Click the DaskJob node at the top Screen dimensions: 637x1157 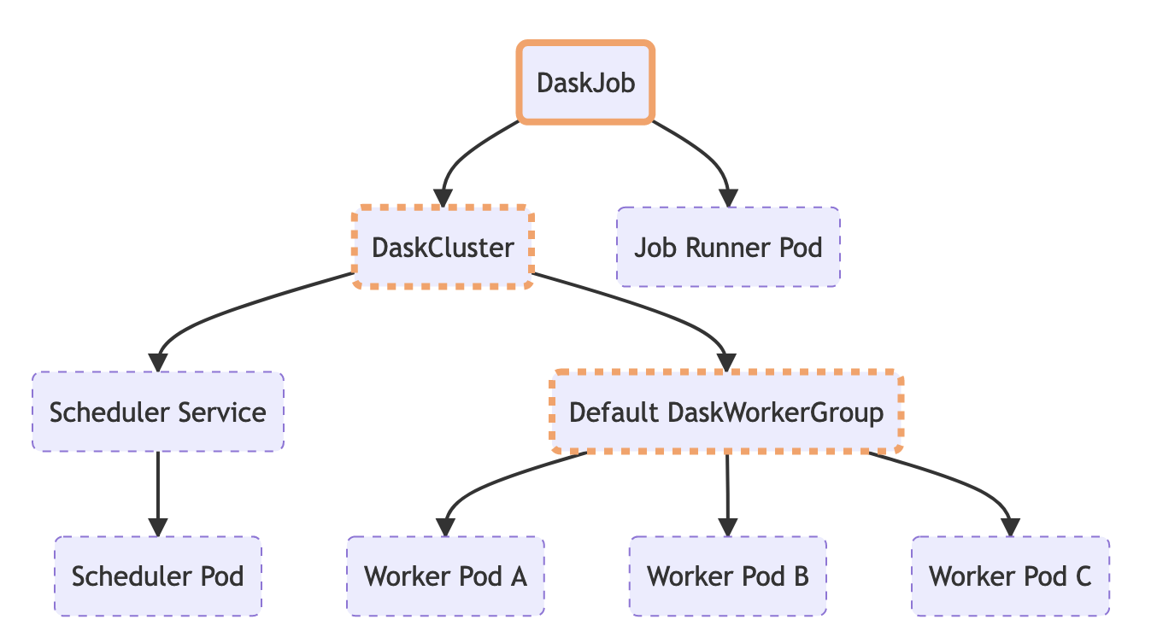[x=585, y=83]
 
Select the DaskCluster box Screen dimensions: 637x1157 [x=443, y=248]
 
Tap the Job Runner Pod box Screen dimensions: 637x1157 [x=728, y=248]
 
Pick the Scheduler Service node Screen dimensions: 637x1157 [x=158, y=412]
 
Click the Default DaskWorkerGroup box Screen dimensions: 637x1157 [x=726, y=412]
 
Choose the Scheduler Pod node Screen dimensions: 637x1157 [x=158, y=576]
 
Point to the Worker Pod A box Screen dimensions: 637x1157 [x=445, y=576]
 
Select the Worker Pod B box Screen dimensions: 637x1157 [x=728, y=576]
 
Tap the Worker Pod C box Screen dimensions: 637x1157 [x=1010, y=576]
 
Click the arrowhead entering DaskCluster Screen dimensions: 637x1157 [x=443, y=197]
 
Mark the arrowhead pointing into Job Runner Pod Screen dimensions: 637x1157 [x=728, y=197]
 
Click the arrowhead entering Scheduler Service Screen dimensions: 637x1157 [x=158, y=362]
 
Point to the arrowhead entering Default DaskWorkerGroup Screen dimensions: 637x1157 [x=726, y=362]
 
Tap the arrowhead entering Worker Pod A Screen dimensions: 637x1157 [x=445, y=527]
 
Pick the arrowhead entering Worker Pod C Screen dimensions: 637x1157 [x=1010, y=527]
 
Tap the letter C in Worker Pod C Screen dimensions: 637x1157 [x=1082, y=576]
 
